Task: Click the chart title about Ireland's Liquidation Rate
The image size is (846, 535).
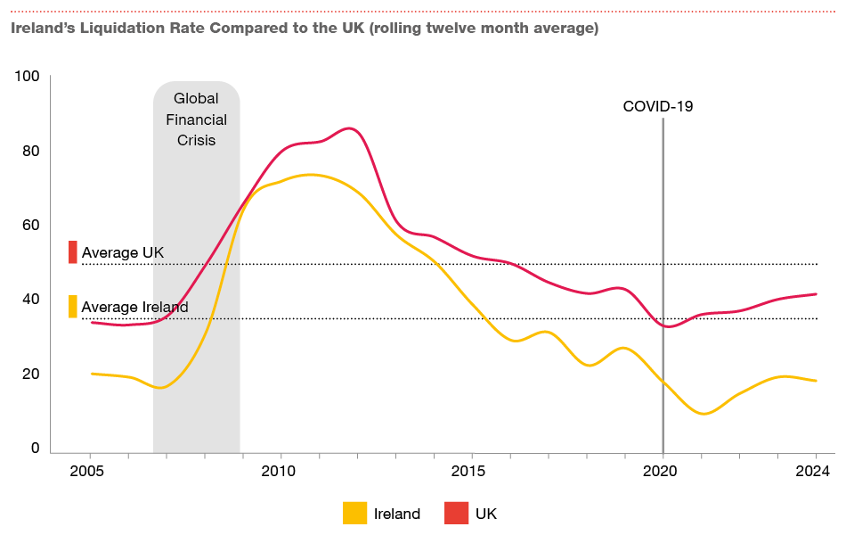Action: pyautogui.click(x=304, y=29)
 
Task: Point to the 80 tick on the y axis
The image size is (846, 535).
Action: pyautogui.click(x=30, y=151)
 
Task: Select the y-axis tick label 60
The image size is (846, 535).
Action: pyautogui.click(x=30, y=225)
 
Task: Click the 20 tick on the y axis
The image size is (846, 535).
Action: pyautogui.click(x=30, y=374)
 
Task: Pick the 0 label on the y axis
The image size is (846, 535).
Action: pyautogui.click(x=35, y=448)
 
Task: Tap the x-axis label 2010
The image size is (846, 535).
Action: pyautogui.click(x=281, y=470)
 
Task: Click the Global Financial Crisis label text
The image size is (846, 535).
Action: pyautogui.click(x=196, y=119)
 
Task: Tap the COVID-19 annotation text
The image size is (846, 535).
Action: pyautogui.click(x=658, y=106)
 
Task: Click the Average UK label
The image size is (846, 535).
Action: pyautogui.click(x=123, y=253)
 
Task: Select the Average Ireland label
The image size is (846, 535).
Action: pyautogui.click(x=134, y=308)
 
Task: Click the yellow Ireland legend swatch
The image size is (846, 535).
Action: pyautogui.click(x=355, y=513)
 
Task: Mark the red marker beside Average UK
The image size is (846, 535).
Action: pyautogui.click(x=73, y=252)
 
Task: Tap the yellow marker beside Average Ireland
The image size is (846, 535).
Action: pyautogui.click(x=73, y=307)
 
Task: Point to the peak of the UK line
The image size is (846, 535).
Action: pyautogui.click(x=348, y=128)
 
